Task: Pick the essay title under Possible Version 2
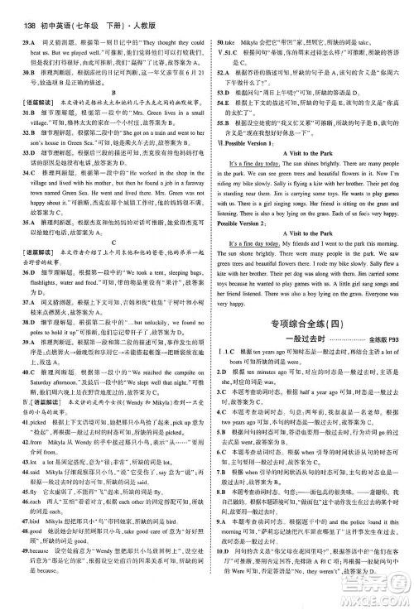click(x=308, y=281)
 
